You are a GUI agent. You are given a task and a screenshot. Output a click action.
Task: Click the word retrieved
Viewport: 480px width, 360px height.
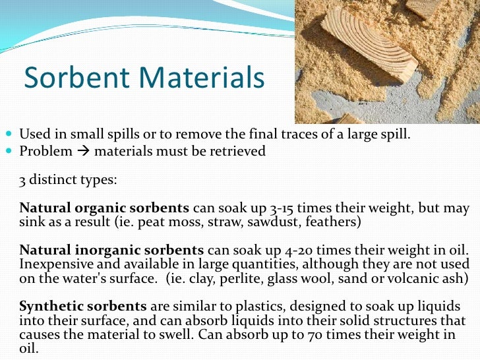[239, 152]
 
